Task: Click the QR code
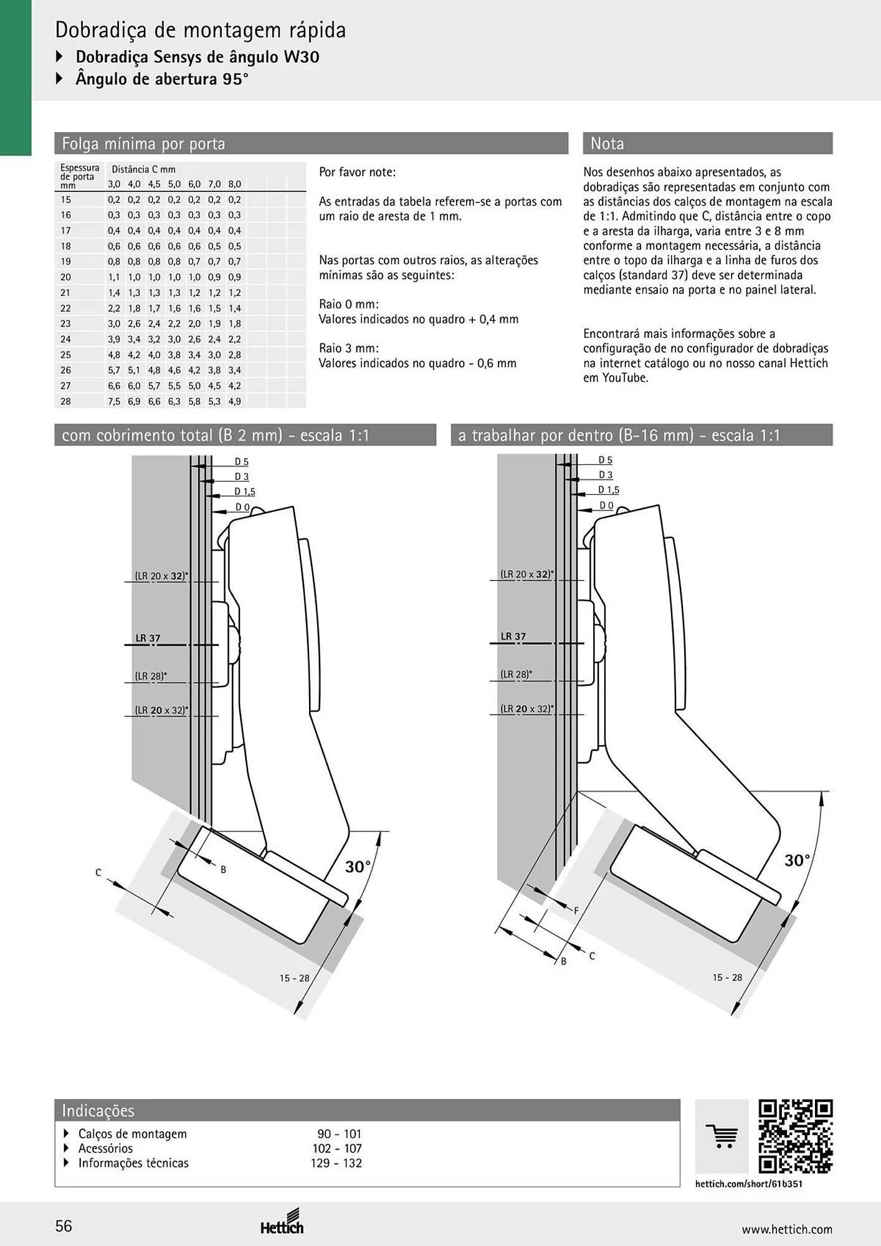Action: click(x=796, y=1136)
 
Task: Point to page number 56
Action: click(x=64, y=1226)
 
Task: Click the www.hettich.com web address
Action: click(x=787, y=1229)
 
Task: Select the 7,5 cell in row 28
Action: click(x=114, y=402)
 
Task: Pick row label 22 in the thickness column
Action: click(x=66, y=308)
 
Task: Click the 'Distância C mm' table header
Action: click(x=143, y=169)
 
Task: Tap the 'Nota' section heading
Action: click(x=607, y=144)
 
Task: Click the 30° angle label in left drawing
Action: click(x=358, y=867)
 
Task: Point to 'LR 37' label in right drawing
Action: click(x=513, y=636)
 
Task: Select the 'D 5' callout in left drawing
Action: click(x=242, y=462)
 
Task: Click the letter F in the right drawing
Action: click(x=576, y=911)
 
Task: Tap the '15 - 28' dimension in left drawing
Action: click(x=294, y=978)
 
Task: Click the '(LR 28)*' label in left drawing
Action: click(x=151, y=676)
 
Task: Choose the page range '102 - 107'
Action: click(x=337, y=1148)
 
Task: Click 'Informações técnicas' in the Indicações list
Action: click(x=133, y=1163)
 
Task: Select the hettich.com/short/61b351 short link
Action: click(x=749, y=1184)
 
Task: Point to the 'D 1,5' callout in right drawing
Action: click(x=609, y=490)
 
